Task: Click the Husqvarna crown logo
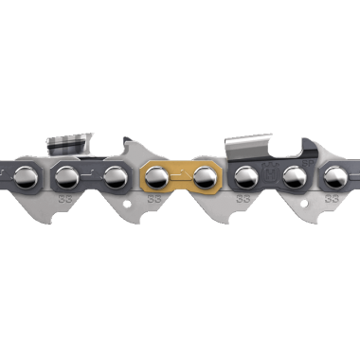(270, 176)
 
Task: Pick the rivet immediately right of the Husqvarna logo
(292, 177)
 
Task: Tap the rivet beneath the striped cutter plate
(68, 177)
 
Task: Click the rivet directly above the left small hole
(115, 177)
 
